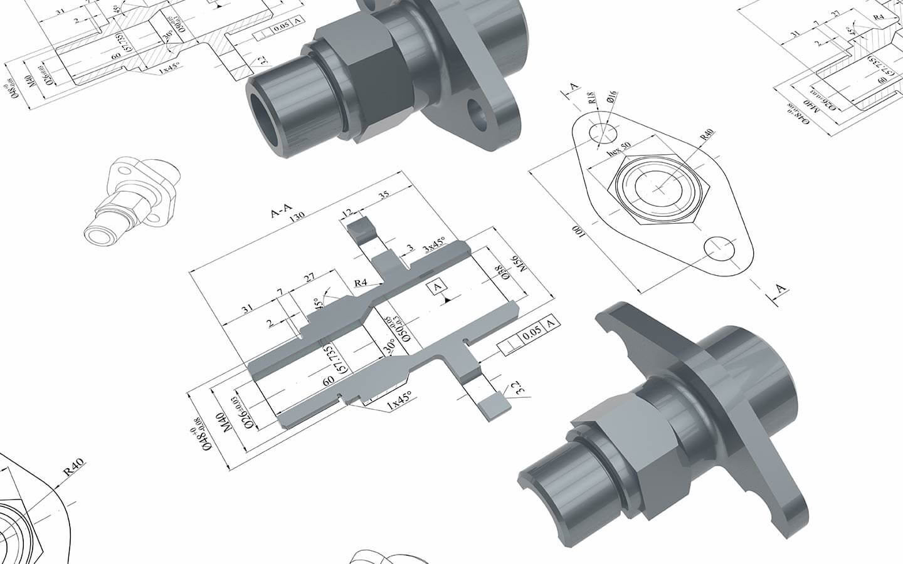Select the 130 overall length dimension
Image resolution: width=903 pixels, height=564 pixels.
[297, 216]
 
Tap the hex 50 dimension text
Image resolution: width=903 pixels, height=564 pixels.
[619, 153]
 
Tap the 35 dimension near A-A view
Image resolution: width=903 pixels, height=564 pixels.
[384, 195]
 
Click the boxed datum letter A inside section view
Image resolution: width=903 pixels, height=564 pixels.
[437, 287]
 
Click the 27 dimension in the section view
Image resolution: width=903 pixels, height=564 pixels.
[309, 278]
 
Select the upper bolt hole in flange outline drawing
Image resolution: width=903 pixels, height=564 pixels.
[603, 132]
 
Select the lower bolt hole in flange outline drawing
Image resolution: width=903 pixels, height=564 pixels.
[719, 248]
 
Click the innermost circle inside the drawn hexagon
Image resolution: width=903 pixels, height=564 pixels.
[656, 187]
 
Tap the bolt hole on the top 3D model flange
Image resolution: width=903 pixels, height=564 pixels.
[479, 117]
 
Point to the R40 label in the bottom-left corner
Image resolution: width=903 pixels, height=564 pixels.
[75, 467]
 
